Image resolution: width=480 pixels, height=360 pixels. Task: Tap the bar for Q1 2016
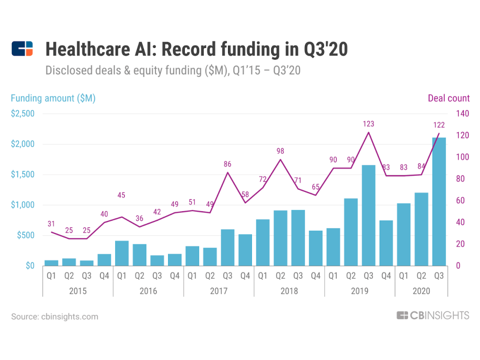tap(122, 253)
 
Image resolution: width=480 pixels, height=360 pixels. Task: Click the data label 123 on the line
tap(368, 124)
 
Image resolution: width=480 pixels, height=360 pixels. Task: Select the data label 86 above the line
tap(227, 164)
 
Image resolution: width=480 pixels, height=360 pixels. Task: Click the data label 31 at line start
tap(51, 224)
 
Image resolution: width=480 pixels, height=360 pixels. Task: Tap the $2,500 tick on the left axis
tap(23, 114)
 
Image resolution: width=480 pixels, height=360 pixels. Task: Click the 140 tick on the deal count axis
tap(463, 114)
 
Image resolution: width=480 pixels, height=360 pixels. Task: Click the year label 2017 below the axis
tap(218, 291)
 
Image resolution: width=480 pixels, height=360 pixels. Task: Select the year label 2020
tap(421, 291)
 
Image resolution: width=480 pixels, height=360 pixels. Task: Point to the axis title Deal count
tap(448, 98)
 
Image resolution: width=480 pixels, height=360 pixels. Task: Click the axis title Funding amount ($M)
tap(53, 98)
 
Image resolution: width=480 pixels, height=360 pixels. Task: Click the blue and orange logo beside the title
tap(22, 48)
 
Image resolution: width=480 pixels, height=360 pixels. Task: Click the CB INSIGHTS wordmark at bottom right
tap(433, 316)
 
